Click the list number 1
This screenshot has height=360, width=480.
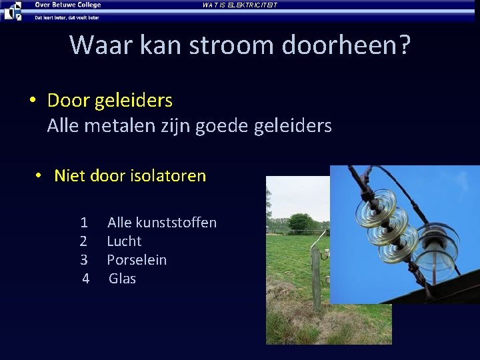click(84, 223)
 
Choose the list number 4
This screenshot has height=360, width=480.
click(85, 279)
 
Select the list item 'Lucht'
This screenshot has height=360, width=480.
click(124, 241)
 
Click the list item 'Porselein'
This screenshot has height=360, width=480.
click(137, 260)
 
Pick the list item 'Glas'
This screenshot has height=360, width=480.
click(122, 279)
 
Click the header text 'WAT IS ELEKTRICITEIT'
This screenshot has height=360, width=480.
click(239, 5)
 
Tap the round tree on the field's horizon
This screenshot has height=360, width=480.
click(301, 223)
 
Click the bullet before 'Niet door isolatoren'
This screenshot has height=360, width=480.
click(39, 175)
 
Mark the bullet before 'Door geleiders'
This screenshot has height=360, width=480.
click(32, 101)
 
